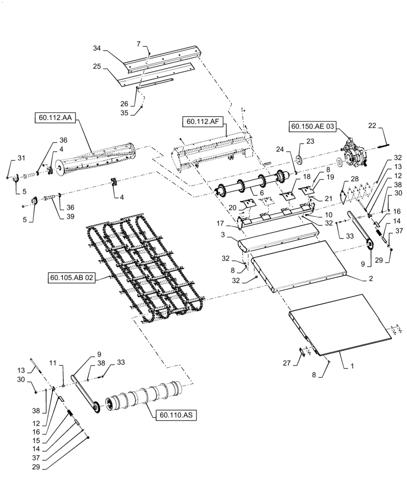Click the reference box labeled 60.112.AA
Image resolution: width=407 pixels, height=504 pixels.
54,118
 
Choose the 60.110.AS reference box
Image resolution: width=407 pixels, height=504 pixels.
172,415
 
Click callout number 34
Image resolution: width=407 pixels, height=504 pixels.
97,48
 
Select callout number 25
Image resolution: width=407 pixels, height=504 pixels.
97,66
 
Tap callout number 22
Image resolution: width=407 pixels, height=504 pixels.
385,125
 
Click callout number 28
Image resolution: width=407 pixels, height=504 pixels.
355,179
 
